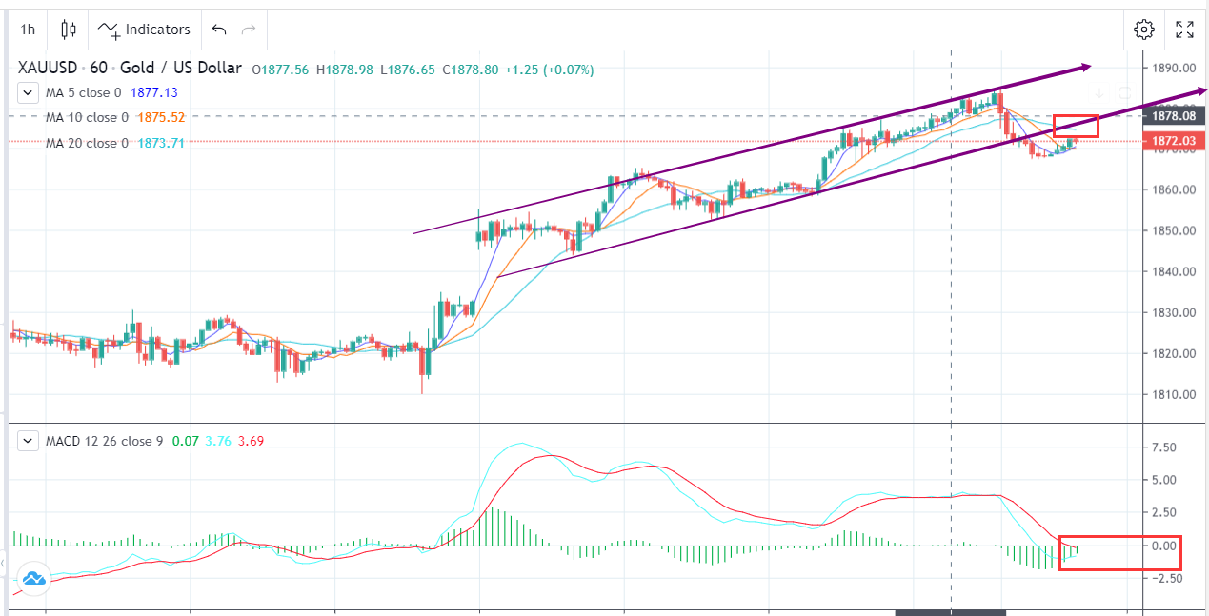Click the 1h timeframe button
tap(28, 30)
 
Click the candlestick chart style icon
tap(68, 30)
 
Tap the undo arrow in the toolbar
tap(219, 30)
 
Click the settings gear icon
tap(1143, 30)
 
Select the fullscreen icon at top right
tap(1184, 30)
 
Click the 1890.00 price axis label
tap(1171, 69)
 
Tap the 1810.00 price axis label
tap(1171, 394)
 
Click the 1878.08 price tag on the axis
tap(1172, 116)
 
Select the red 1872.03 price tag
tap(1172, 141)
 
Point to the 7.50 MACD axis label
tap(1164, 447)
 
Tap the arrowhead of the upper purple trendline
tap(1085, 67)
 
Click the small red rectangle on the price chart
tap(1076, 126)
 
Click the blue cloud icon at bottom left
tap(34, 578)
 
